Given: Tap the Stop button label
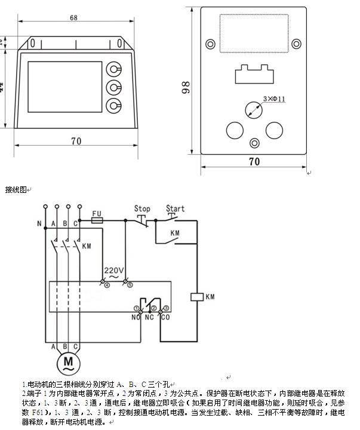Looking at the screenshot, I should [142, 209].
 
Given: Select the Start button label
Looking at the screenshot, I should [175, 209].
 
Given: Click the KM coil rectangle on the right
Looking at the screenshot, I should [195, 296].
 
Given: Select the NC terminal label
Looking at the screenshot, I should [149, 317].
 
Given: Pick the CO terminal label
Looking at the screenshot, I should [165, 317].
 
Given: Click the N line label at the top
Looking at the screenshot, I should [39, 225].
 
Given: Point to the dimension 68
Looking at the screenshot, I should [73, 18].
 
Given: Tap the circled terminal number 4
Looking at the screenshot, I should [107, 285].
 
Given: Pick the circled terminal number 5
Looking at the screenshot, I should [129, 285].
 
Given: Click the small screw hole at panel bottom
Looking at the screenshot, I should [255, 143].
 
